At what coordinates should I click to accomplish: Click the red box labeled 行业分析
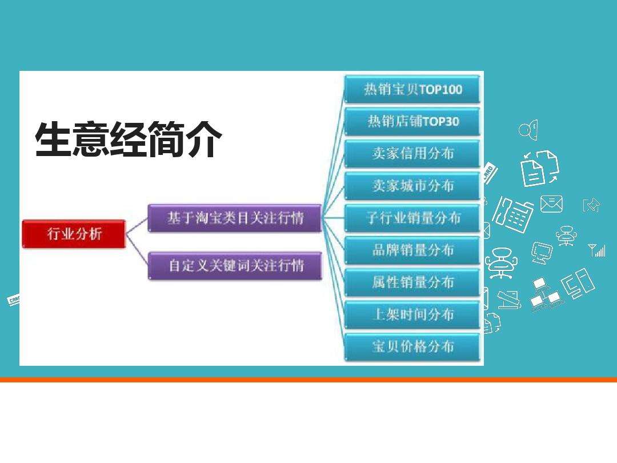pyautogui.click(x=74, y=234)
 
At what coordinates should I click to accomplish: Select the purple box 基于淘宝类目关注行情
pyautogui.click(x=235, y=218)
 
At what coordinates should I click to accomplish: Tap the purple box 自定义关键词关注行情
pyautogui.click(x=235, y=266)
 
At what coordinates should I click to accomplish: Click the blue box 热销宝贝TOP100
pyautogui.click(x=412, y=90)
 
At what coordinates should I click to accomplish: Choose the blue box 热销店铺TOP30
pyautogui.click(x=412, y=122)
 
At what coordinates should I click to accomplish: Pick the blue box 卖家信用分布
pyautogui.click(x=412, y=154)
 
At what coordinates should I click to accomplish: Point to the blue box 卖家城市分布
pyautogui.click(x=412, y=186)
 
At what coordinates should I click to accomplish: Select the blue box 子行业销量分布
pyautogui.click(x=412, y=218)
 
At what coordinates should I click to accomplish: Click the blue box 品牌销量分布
pyautogui.click(x=412, y=250)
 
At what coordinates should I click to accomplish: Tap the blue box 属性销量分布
pyautogui.click(x=412, y=282)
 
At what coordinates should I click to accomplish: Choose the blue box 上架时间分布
pyautogui.click(x=412, y=314)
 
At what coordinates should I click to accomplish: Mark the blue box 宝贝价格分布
pyautogui.click(x=412, y=346)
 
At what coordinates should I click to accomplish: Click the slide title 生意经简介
pyautogui.click(x=128, y=140)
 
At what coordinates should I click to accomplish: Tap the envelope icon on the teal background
pyautogui.click(x=551, y=203)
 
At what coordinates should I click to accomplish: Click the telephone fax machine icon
pyautogui.click(x=512, y=214)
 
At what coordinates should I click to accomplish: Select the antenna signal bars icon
pyautogui.click(x=596, y=250)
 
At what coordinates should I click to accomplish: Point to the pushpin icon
pyautogui.click(x=592, y=205)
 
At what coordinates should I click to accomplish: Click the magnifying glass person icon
pyautogui.click(x=528, y=130)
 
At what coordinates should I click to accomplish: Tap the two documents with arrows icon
pyautogui.click(x=539, y=168)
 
